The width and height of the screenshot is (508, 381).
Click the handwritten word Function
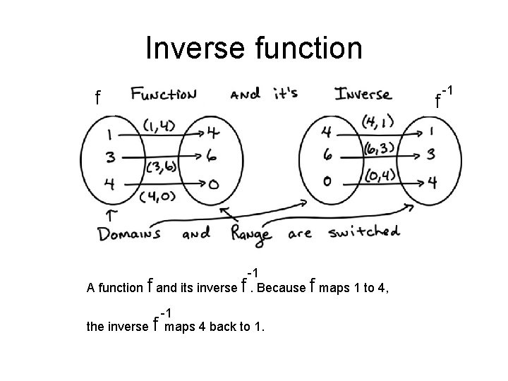click(x=164, y=94)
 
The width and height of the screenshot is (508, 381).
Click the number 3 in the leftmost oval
click(x=111, y=157)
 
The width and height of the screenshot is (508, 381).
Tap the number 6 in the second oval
click(x=213, y=156)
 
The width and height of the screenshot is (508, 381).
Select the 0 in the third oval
click(x=327, y=181)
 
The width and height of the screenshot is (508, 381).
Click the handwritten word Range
click(x=252, y=233)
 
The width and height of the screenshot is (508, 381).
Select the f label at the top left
click(x=99, y=97)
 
